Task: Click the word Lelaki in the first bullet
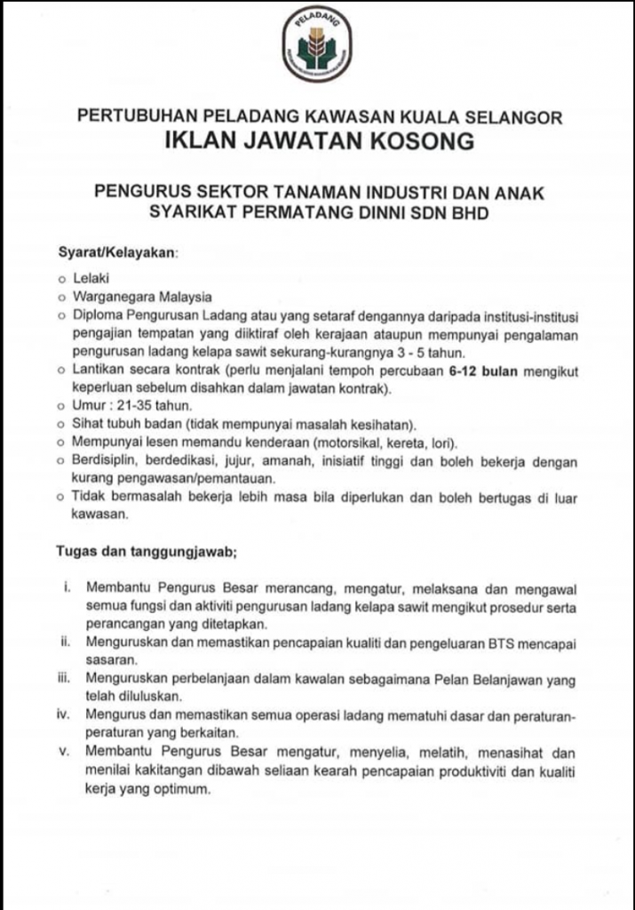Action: pos(90,278)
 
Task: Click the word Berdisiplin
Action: pos(107,461)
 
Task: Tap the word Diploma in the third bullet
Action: pos(99,315)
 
